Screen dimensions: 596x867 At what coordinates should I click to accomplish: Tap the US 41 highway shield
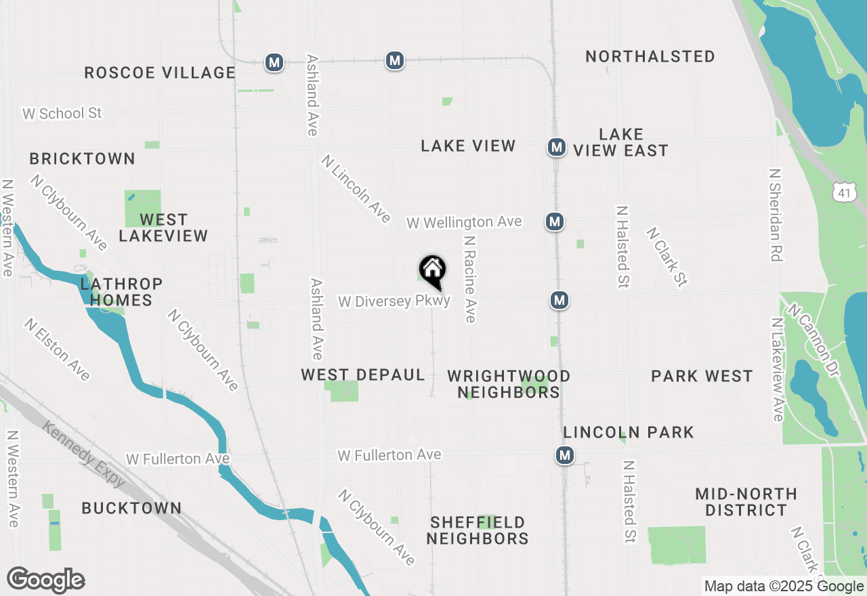pyautogui.click(x=843, y=192)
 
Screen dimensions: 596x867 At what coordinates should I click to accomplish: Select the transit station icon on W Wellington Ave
pyautogui.click(x=555, y=221)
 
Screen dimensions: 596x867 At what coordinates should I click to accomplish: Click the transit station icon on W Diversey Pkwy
pyautogui.click(x=559, y=300)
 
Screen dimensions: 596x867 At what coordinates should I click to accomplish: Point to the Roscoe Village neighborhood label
pyautogui.click(x=160, y=72)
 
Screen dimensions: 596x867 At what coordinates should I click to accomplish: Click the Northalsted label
pyautogui.click(x=650, y=56)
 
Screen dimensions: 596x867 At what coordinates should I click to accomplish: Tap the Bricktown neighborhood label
pyautogui.click(x=83, y=158)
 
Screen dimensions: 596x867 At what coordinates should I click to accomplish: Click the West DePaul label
pyautogui.click(x=363, y=375)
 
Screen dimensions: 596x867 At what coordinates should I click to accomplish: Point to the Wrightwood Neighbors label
pyautogui.click(x=509, y=384)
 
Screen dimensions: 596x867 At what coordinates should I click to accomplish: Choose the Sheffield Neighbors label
pyautogui.click(x=478, y=530)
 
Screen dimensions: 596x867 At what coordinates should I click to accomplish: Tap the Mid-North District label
pyautogui.click(x=746, y=502)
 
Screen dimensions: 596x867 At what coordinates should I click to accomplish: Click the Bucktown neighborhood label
pyautogui.click(x=131, y=508)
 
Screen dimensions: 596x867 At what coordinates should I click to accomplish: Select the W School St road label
pyautogui.click(x=62, y=113)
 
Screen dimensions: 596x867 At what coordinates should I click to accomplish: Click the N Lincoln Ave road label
pyautogui.click(x=356, y=189)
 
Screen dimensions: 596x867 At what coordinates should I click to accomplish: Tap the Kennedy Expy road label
pyautogui.click(x=84, y=454)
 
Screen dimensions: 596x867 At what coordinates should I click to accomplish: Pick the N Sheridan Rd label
pyautogui.click(x=776, y=215)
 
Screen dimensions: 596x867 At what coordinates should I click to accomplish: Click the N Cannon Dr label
pyautogui.click(x=817, y=341)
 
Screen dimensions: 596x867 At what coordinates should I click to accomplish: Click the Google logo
pyautogui.click(x=45, y=580)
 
